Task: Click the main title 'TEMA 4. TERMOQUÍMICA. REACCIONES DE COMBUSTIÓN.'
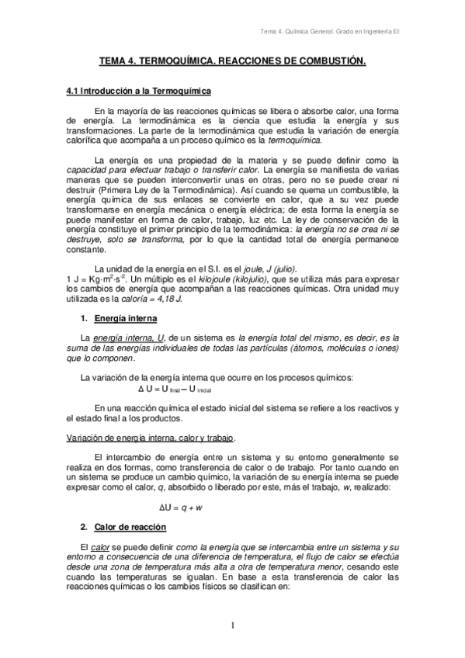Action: [x=232, y=59]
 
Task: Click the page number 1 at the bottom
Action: [x=231, y=624]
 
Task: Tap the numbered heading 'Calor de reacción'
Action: [x=130, y=527]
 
